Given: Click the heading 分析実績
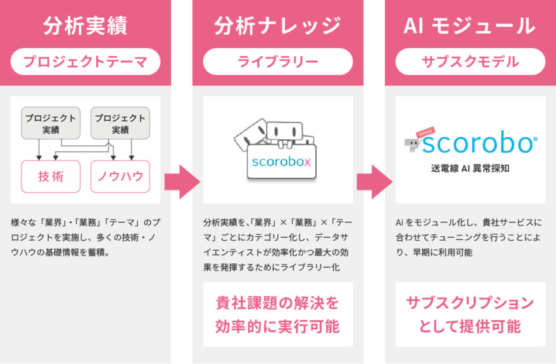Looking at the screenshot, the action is [x=85, y=26].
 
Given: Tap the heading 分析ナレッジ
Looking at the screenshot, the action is [x=277, y=26].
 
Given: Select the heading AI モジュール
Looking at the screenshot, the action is [x=470, y=26].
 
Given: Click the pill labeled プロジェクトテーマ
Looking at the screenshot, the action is [x=85, y=61].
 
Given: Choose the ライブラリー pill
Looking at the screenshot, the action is [x=278, y=61].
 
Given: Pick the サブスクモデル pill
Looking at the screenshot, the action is [x=470, y=61].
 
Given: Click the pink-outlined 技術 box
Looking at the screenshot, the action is [x=51, y=177].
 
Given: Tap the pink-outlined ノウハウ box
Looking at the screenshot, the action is [x=120, y=177].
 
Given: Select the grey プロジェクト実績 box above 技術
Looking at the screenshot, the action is [x=51, y=123].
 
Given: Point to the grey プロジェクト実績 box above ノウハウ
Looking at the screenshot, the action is [x=120, y=123].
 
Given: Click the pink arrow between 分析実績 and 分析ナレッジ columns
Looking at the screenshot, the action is [x=182, y=182].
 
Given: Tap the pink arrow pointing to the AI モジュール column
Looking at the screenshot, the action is [x=374, y=182].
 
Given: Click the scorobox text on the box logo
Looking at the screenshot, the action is [x=281, y=161].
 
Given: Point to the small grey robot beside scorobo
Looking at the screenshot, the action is [x=412, y=144].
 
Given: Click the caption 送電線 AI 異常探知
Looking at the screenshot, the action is [x=470, y=168].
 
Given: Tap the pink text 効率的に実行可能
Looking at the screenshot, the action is [x=277, y=327].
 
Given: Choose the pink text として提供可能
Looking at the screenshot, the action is [x=470, y=327].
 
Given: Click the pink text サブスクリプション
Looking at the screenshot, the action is [x=470, y=303].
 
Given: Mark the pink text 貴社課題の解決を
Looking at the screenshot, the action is [x=277, y=303].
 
